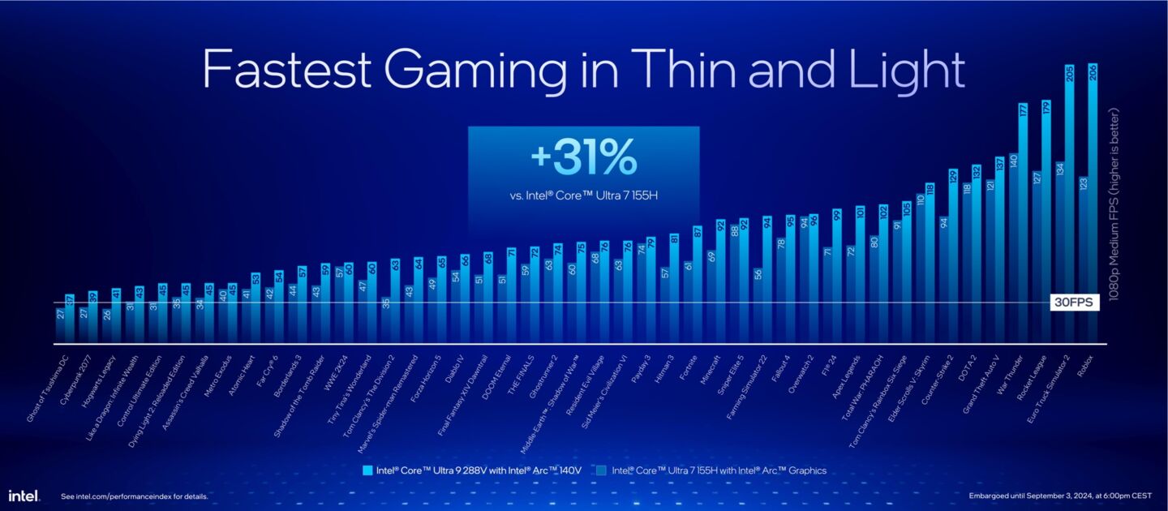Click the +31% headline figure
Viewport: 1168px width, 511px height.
click(583, 159)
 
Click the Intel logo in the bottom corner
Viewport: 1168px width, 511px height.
click(24, 495)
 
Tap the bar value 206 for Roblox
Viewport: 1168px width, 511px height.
click(1093, 74)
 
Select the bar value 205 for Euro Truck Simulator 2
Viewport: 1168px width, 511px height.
click(1069, 74)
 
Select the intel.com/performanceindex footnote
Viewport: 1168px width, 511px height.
click(135, 496)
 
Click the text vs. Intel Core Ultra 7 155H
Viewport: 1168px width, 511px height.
click(583, 195)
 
